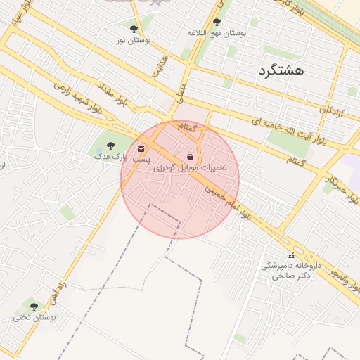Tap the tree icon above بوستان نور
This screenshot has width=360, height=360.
(x=134, y=29)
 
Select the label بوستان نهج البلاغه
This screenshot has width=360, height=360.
(x=217, y=33)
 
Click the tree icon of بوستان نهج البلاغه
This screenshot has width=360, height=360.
(x=216, y=22)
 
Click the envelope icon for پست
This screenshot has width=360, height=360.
(x=141, y=149)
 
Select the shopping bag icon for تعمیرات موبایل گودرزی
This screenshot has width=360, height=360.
(x=191, y=157)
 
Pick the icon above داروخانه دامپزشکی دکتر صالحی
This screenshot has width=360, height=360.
(x=291, y=255)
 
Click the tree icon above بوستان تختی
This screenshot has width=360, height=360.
(x=33, y=306)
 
